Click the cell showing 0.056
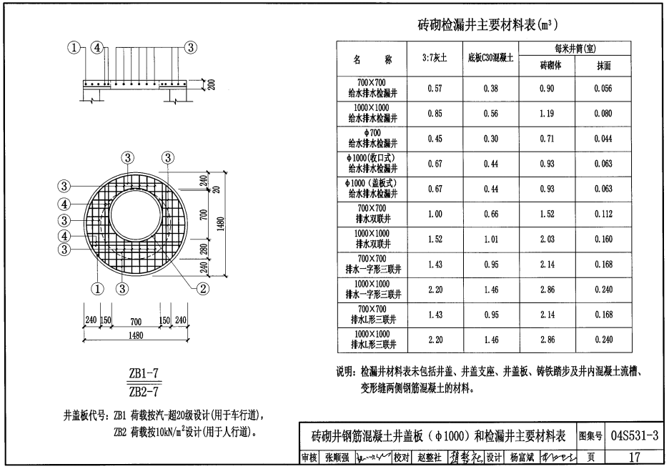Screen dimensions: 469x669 [x=603, y=89]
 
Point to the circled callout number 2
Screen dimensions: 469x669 [x=203, y=289]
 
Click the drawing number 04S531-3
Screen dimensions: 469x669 [x=635, y=435]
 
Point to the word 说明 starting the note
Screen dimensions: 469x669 [x=345, y=372]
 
